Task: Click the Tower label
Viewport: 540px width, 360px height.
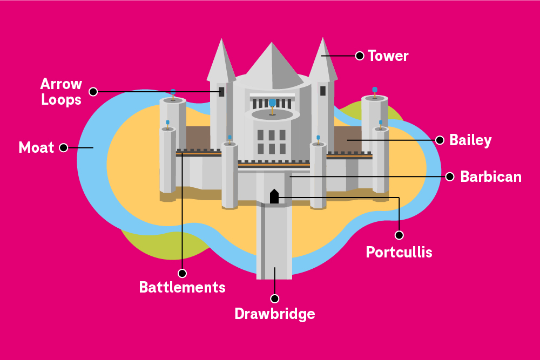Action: (388, 56)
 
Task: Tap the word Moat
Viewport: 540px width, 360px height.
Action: (37, 147)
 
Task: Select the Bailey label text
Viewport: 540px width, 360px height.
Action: (470, 140)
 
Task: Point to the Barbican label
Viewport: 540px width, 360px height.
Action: (491, 176)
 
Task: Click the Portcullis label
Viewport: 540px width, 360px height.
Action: (399, 252)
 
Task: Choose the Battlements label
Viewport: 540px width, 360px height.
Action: (182, 287)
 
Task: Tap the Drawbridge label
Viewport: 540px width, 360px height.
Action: (274, 314)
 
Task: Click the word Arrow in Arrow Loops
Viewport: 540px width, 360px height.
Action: (62, 84)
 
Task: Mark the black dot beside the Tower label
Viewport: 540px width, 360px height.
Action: (359, 55)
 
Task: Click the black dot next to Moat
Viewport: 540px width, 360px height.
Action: (64, 147)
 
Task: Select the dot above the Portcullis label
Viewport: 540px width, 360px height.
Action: (399, 235)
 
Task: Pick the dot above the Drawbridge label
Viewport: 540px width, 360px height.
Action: (274, 298)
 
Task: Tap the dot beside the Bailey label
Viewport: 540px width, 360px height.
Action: (440, 140)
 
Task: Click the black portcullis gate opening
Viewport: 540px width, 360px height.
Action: (274, 197)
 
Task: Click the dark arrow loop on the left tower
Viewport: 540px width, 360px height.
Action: (221, 91)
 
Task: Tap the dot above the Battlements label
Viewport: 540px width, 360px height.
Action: (182, 273)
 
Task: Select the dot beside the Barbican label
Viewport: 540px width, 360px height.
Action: (449, 176)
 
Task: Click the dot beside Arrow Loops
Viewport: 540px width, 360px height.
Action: (93, 92)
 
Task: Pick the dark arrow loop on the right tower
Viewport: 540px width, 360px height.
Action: (323, 91)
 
